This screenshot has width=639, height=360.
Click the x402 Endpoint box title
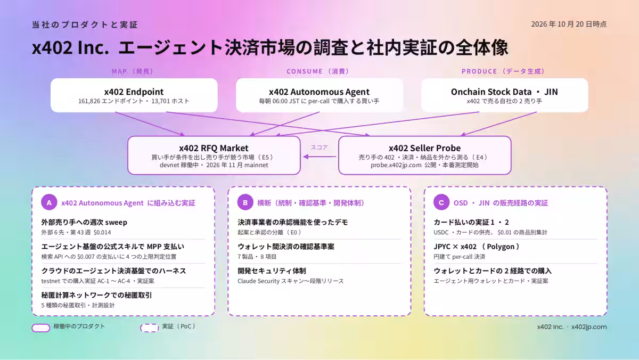(134, 92)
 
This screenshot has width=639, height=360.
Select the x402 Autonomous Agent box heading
(319, 92)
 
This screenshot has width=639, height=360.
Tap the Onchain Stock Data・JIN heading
(504, 92)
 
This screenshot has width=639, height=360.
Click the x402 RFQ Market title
(214, 148)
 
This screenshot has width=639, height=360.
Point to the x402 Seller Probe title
(424, 148)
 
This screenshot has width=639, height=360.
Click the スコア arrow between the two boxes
(319, 157)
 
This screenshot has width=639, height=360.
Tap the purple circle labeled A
(49, 202)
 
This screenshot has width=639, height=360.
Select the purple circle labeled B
(245, 202)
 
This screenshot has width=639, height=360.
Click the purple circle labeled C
(441, 202)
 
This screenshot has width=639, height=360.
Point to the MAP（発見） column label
(133, 71)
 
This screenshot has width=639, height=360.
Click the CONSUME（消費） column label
(318, 71)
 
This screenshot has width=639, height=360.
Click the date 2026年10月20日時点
(569, 24)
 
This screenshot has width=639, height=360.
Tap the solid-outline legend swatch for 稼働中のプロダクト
(41, 328)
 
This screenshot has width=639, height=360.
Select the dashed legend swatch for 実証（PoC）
(150, 328)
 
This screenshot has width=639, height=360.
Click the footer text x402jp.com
(589, 327)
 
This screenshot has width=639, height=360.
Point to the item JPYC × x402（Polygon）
(477, 247)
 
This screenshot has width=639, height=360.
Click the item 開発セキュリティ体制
(272, 271)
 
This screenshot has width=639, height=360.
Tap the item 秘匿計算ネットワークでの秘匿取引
(96, 295)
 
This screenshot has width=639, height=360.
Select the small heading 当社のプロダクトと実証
(85, 24)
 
